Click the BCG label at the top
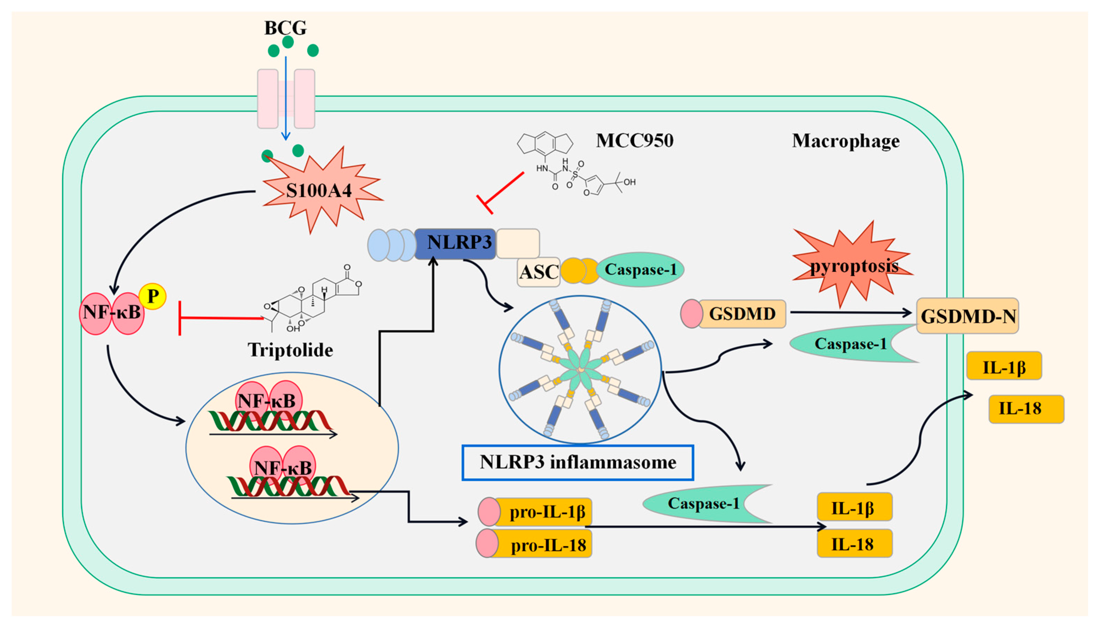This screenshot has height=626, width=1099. (285, 28)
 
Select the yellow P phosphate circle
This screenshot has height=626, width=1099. (153, 296)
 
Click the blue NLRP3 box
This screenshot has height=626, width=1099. (455, 243)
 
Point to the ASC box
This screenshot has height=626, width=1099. (539, 272)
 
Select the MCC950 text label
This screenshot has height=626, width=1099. (635, 141)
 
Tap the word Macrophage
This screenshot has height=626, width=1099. (846, 141)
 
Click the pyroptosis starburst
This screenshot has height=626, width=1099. (852, 264)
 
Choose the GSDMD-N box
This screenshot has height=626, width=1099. (967, 316)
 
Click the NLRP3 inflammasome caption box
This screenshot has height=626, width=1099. (577, 463)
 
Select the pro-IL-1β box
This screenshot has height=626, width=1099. (535, 512)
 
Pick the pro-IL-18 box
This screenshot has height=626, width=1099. (534, 544)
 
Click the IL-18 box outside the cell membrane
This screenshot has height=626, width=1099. (1026, 409)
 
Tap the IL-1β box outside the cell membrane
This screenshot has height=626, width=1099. (1004, 366)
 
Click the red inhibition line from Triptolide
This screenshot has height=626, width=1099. (221, 318)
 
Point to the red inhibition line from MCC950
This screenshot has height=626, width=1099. (500, 193)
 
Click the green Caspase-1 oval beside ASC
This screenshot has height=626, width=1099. (640, 270)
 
